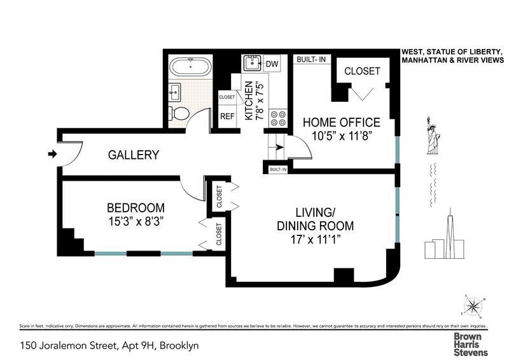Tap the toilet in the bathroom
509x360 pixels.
pos(179,113)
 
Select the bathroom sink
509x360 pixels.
pos(174,92)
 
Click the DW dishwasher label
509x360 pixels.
pos(272,64)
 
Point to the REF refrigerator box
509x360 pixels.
pos(227,116)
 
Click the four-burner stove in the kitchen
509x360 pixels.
pos(278,118)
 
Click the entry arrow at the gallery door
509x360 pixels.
pos(52,154)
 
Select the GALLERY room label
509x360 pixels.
pos(134,155)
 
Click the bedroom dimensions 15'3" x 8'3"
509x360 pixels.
pos(136,222)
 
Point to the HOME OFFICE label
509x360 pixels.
pos(342,122)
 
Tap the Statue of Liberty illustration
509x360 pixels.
pos(433,135)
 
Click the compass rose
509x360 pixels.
pos(473,307)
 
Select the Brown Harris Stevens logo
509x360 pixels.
pos(471,345)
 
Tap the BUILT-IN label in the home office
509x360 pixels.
pos(311,59)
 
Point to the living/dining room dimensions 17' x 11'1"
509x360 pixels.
pos(315,240)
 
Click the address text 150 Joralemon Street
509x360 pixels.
pos(69,346)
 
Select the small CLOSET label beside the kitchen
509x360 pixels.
pos(227,97)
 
